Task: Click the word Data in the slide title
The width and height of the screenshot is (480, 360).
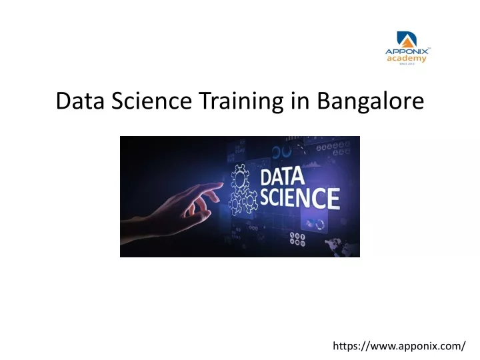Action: [80, 101]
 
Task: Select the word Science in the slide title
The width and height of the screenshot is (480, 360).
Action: [151, 101]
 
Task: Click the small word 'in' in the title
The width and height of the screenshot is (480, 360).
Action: [301, 101]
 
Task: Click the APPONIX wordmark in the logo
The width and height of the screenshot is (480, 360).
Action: [407, 51]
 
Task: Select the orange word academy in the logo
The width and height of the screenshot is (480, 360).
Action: [407, 59]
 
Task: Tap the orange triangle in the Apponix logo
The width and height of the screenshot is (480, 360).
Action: [408, 42]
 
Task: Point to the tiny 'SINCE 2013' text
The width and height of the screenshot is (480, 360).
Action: [407, 64]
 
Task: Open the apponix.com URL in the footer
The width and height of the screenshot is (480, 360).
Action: [399, 346]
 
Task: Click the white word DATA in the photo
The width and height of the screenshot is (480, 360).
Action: [282, 177]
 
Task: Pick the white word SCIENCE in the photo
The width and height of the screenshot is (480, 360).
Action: [300, 198]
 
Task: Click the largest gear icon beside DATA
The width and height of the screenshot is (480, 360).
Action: [240, 177]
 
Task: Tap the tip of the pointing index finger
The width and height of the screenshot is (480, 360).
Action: [221, 184]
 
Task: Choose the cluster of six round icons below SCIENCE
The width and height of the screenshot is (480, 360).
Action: [297, 239]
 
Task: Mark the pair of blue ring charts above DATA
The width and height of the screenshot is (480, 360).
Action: [281, 152]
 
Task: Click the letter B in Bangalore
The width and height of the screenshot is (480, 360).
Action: [323, 101]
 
